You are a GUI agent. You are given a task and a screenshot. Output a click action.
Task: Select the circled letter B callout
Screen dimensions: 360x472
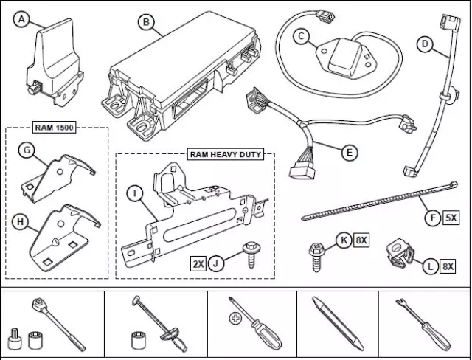coord(146,23)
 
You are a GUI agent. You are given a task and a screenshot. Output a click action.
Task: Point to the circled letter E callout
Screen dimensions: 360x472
coord(351,153)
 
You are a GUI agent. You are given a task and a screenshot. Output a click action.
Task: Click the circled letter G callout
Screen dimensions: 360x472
coord(26,150)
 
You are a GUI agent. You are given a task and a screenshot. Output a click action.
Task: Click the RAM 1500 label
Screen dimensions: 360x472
coord(55,127)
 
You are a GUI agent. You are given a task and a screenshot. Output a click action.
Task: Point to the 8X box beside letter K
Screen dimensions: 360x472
coord(361,239)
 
